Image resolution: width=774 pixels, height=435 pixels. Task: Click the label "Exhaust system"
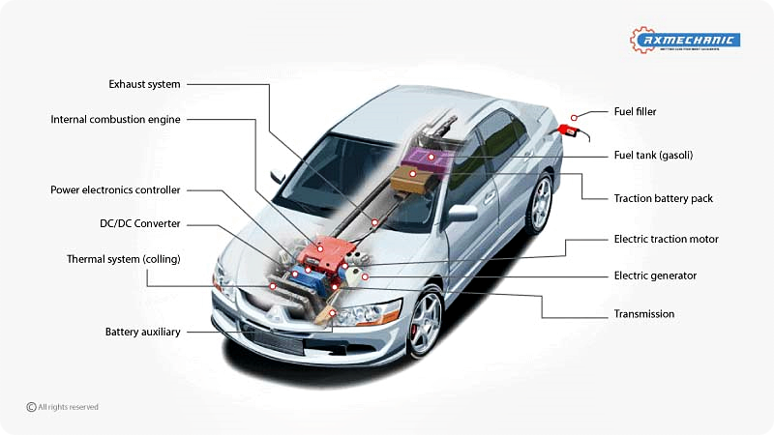pos(144,84)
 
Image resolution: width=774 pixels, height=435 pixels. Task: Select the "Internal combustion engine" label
pos(115,120)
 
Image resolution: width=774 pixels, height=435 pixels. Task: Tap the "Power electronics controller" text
pos(115,189)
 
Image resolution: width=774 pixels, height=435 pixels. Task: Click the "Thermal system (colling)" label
pos(123,259)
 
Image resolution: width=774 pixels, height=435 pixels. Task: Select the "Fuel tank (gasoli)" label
pos(653,155)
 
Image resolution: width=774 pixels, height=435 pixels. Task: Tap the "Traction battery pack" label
pos(663,198)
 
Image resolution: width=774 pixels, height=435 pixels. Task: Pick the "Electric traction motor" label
pos(666,239)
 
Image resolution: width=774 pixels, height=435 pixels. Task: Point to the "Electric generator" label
pos(655,275)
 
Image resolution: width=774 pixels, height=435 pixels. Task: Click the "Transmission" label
pos(644,314)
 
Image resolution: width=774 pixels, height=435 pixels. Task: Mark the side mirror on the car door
pos(460,214)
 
